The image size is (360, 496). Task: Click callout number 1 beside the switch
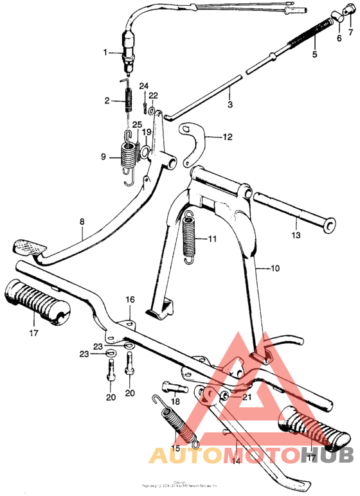107,52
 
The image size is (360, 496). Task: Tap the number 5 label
314,55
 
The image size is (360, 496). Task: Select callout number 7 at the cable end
351,31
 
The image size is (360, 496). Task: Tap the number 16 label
130,299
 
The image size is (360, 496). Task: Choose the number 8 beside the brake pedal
82,222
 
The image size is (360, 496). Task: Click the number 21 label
247,398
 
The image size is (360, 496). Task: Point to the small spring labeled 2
127,101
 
